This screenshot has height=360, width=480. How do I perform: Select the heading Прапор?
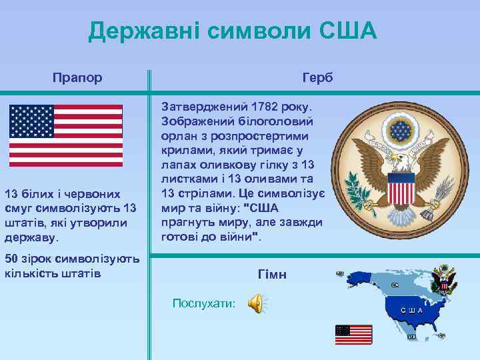[77, 78]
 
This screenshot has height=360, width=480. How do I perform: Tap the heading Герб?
[317, 78]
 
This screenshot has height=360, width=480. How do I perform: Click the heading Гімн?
[271, 274]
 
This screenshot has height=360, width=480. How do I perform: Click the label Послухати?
[203, 303]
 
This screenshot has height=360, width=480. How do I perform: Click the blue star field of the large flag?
[32, 121]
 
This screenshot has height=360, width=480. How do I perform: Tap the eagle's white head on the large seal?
[398, 160]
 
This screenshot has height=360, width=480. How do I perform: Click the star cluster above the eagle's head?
[403, 131]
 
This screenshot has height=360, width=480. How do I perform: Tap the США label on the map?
[411, 311]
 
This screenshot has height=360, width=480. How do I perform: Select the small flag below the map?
[353, 334]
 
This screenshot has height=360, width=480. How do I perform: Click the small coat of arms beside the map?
[444, 279]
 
